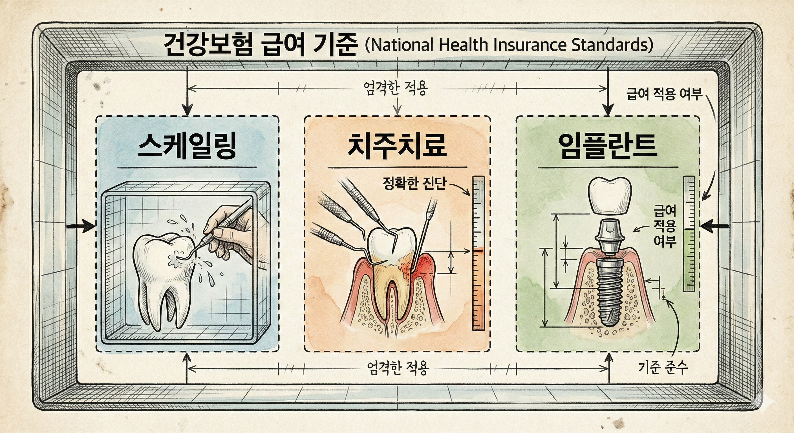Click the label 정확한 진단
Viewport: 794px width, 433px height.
click(x=414, y=184)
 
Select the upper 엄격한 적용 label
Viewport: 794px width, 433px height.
click(x=396, y=89)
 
